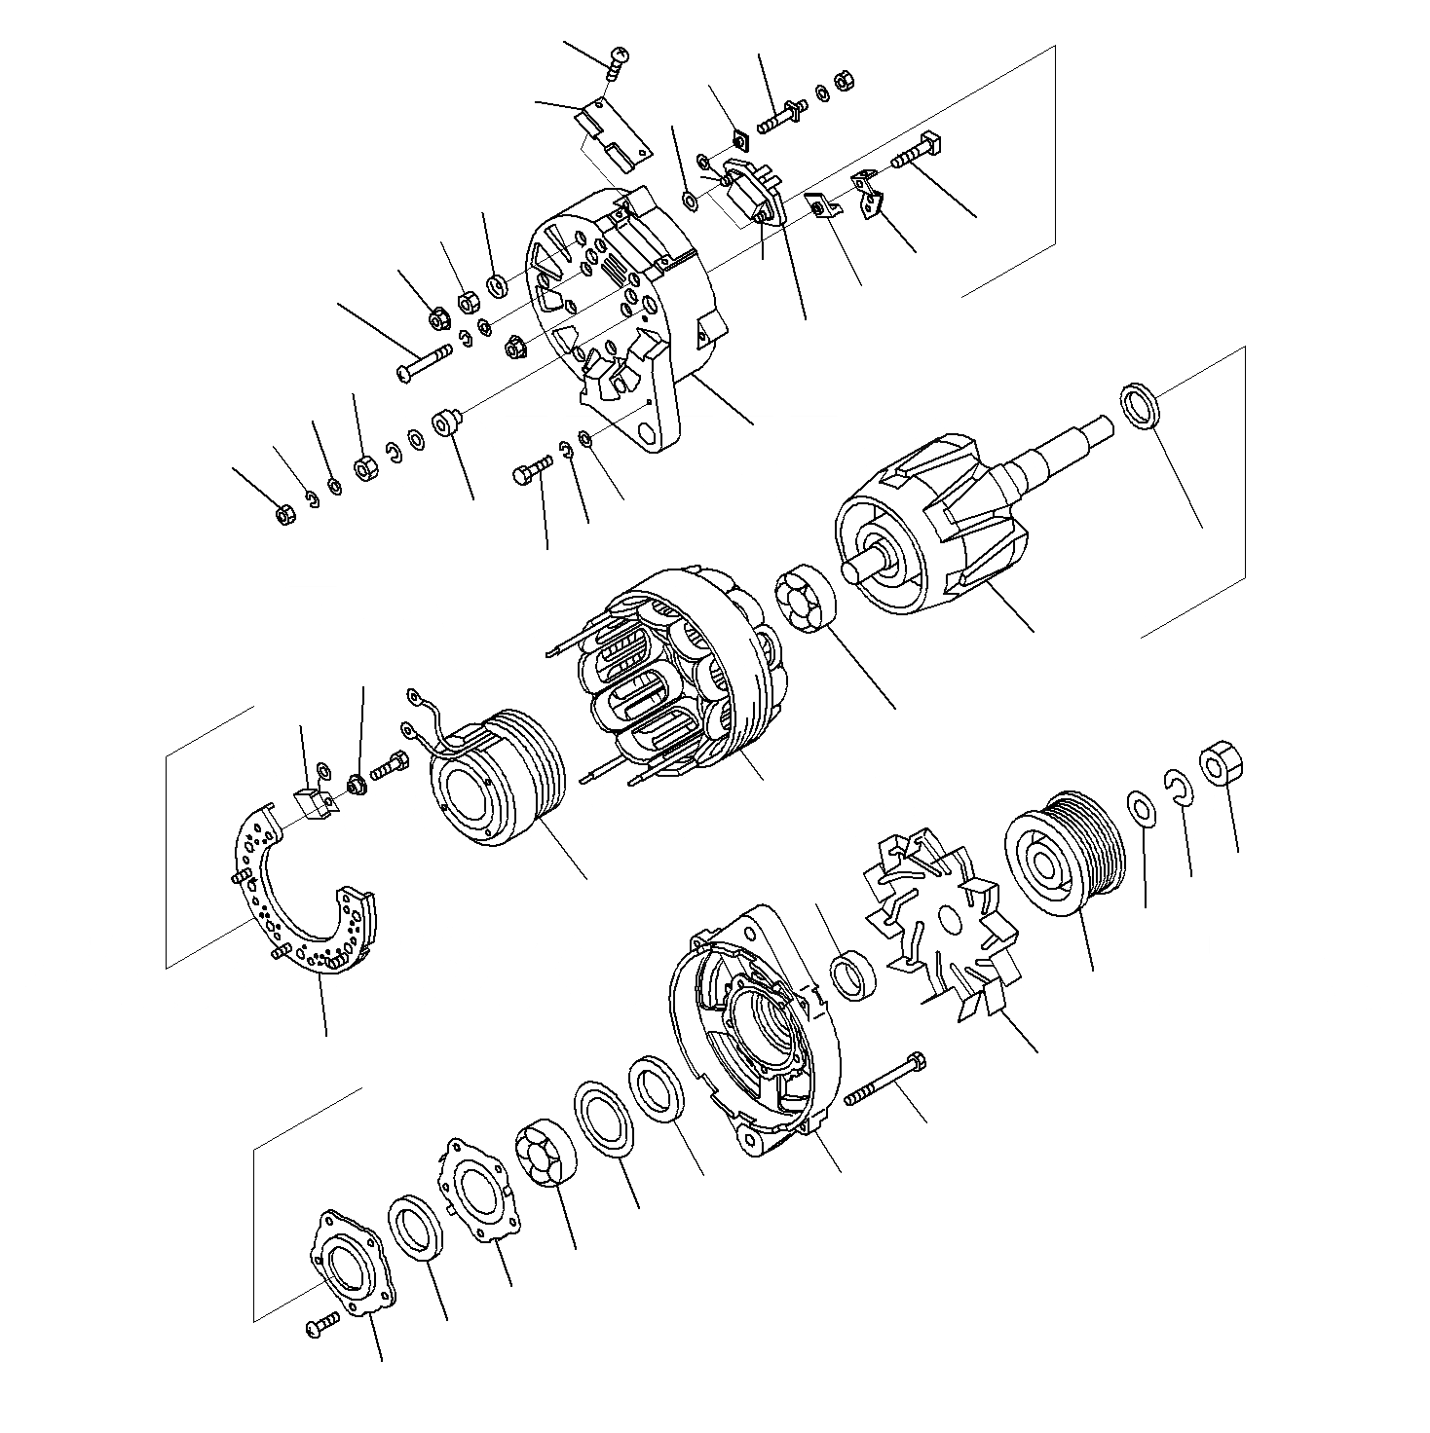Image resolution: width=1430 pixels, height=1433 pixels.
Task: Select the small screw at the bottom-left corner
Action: tap(321, 1325)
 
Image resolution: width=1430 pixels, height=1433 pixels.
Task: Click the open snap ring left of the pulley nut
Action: tap(1180, 787)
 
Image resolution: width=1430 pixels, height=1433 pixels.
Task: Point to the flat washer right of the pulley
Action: tap(1142, 808)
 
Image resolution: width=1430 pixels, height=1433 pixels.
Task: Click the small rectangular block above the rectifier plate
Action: tap(313, 804)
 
